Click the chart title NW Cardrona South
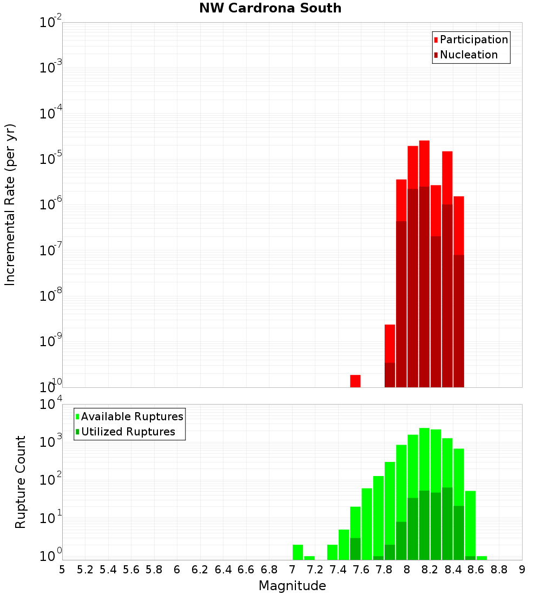[270, 8]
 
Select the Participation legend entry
[471, 39]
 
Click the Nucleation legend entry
[465, 55]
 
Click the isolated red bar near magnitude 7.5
[355, 381]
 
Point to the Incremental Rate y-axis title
[10, 204]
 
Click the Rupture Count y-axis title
[21, 481]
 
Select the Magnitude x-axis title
[292, 586]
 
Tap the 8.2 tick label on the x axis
[430, 569]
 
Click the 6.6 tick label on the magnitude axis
[246, 569]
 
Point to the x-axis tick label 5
[62, 569]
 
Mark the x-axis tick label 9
[522, 569]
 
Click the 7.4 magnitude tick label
[338, 569]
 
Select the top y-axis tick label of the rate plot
[51, 23]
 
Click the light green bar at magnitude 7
[298, 552]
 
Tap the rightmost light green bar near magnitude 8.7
[481, 558]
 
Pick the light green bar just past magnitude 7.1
[309, 558]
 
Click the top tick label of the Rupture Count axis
[51, 405]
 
